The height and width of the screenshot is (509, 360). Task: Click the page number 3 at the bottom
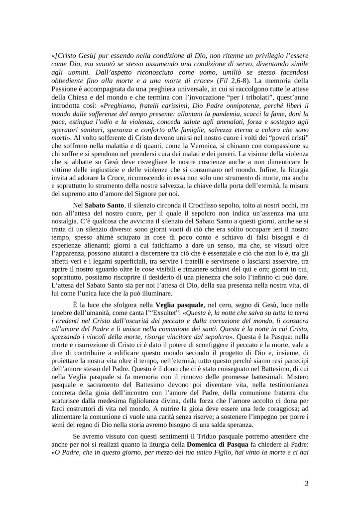[307, 482]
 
